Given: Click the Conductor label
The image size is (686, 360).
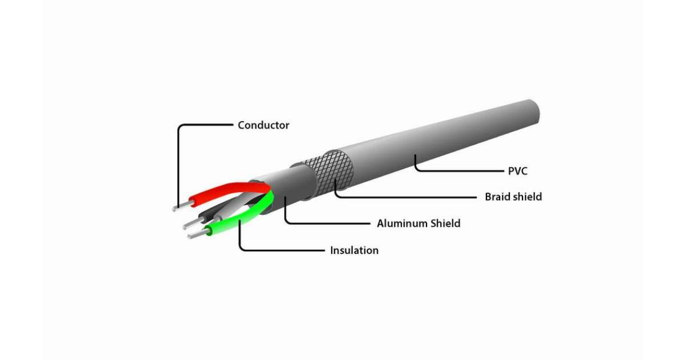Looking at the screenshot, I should (263, 125).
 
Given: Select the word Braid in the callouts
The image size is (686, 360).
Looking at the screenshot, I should (496, 197).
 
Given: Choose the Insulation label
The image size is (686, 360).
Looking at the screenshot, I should (354, 250).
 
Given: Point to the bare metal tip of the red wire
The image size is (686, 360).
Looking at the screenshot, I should (182, 206).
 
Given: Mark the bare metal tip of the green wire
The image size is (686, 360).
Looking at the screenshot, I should (196, 234).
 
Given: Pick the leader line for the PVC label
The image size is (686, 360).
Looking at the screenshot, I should (457, 170).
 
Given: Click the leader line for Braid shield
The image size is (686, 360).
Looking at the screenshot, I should (400, 197).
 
